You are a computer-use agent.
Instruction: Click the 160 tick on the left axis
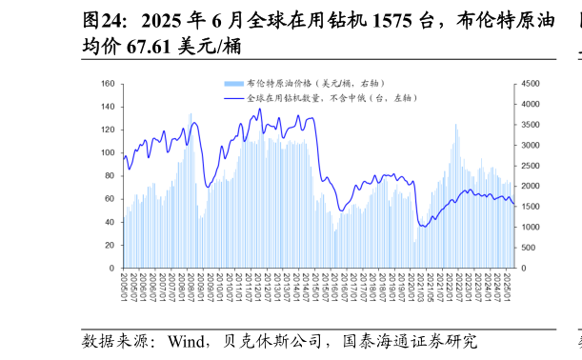tap(107, 85)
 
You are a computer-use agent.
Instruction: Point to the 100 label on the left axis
tap(107, 153)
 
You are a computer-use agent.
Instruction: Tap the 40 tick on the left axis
tap(109, 223)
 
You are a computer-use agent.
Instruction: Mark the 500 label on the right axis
tap(529, 249)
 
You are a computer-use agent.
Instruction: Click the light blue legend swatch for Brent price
tap(233, 84)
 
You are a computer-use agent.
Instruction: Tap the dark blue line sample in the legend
tap(233, 98)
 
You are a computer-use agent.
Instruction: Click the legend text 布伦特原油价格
tap(276, 84)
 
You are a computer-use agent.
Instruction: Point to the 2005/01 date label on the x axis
tap(124, 285)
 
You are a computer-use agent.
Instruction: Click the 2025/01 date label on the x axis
tap(508, 285)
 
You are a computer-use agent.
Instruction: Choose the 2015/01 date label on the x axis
tap(314, 285)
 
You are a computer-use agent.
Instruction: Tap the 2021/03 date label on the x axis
tap(414, 285)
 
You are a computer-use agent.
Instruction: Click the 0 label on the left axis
tap(111, 269)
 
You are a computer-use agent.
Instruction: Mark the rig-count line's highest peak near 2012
tap(259, 109)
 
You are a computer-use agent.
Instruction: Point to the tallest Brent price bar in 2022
tap(455, 125)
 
